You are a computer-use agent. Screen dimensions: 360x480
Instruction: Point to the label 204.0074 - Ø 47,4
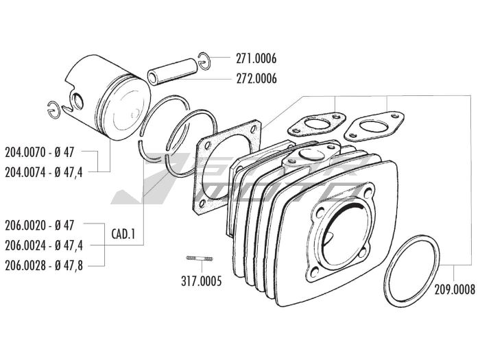pyautogui.click(x=53, y=171)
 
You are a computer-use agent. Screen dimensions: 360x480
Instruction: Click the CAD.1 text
pyautogui.click(x=123, y=234)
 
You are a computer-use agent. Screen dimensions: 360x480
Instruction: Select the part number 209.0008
pyautogui.click(x=454, y=289)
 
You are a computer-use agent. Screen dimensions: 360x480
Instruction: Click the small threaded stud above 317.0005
pyautogui.click(x=200, y=259)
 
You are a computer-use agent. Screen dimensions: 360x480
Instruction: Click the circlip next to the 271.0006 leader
pyautogui.click(x=204, y=60)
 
